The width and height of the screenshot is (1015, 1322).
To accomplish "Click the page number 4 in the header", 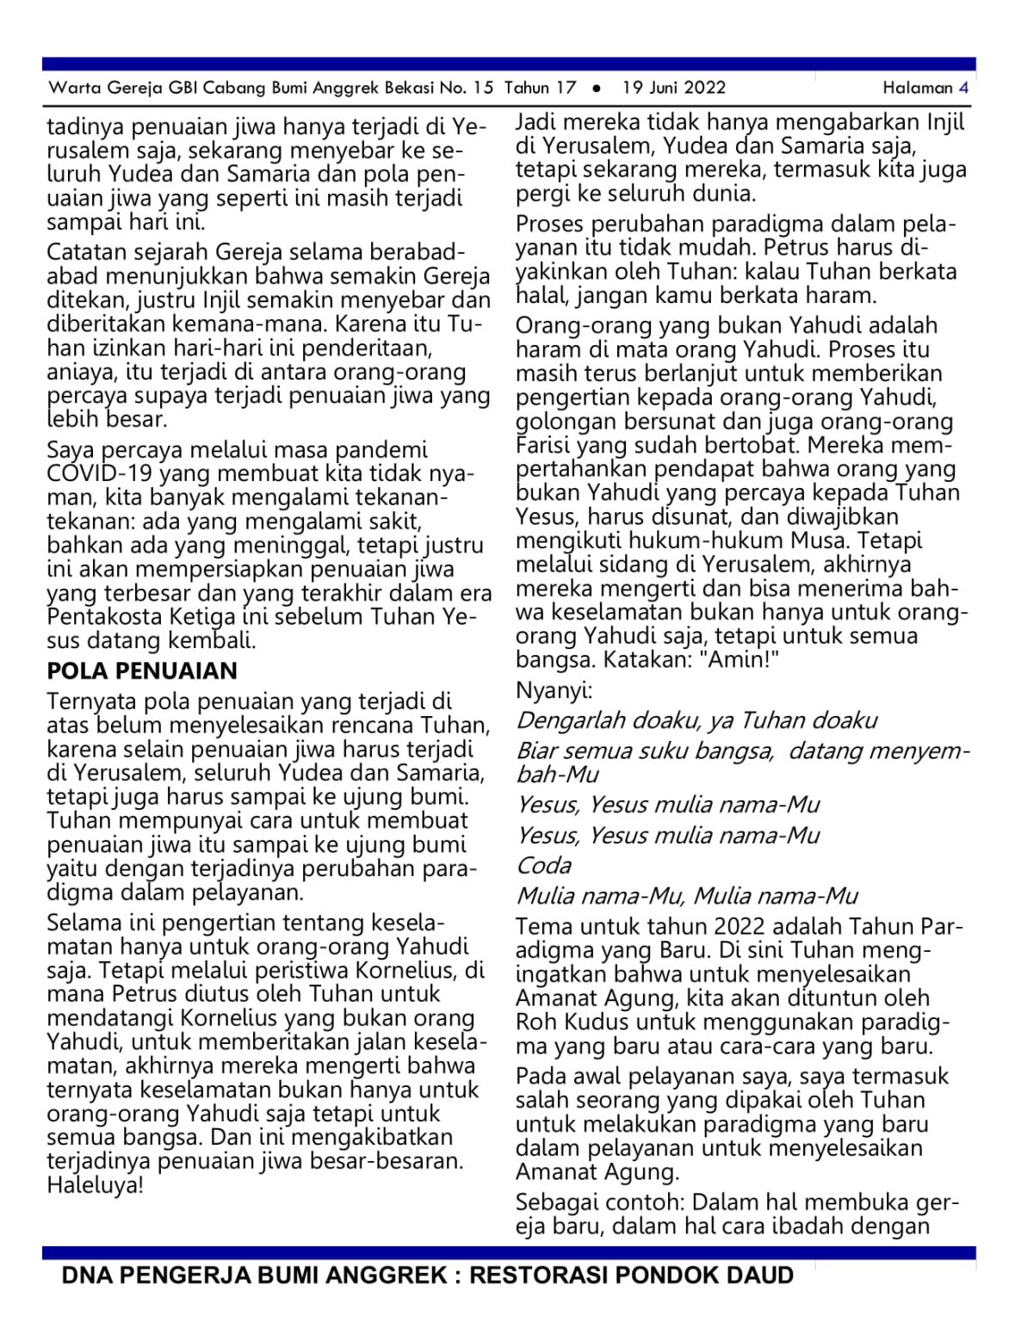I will coord(963,87).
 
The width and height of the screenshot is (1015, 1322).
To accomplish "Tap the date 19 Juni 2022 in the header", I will coord(674,87).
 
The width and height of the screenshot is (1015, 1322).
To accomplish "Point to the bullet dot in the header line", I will coord(597,88).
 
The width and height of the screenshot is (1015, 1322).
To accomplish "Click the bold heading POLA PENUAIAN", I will coord(142,671).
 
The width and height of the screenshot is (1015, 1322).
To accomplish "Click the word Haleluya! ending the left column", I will coord(95,1185).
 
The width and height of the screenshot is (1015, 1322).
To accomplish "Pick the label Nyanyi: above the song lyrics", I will coord(554,690).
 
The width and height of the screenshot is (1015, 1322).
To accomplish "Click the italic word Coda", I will coord(543,865).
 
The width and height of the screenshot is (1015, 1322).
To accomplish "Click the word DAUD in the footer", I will coord(761,1275).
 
